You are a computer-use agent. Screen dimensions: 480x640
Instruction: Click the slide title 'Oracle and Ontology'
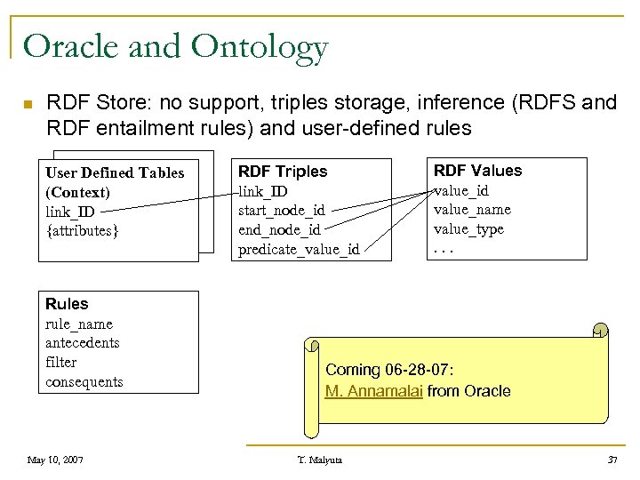[176, 46]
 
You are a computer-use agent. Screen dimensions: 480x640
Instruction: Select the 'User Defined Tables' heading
[115, 172]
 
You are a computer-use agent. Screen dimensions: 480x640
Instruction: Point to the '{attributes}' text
[81, 231]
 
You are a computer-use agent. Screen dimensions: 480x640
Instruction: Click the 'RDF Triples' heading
[283, 172]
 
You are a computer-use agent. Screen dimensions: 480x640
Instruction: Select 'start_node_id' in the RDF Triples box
[281, 211]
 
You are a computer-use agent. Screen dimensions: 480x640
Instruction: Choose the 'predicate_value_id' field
[299, 249]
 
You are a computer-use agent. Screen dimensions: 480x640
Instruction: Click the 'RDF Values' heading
[477, 171]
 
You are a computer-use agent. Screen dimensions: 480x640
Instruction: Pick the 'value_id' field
[460, 190]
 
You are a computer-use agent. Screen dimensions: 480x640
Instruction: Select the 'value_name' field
[472, 210]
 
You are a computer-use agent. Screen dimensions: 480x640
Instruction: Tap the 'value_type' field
[468, 229]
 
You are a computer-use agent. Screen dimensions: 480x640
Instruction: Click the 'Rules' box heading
[67, 304]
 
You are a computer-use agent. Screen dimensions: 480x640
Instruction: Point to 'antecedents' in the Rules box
[82, 343]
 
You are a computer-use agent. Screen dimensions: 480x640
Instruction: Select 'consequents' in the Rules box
[84, 382]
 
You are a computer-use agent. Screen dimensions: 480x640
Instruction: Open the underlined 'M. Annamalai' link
[374, 391]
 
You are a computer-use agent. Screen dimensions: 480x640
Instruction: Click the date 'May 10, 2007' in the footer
[55, 460]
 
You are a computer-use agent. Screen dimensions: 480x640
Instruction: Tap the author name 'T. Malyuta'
[319, 460]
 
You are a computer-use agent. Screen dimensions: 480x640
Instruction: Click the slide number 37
[612, 460]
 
